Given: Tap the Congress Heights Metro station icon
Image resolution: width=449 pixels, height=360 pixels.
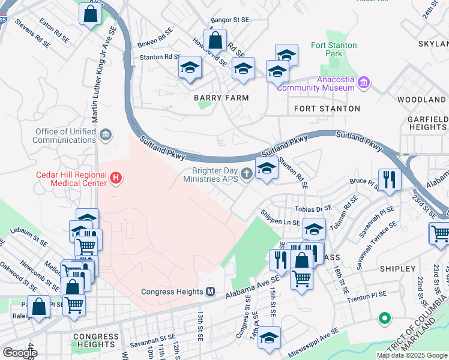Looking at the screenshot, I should click(211, 292).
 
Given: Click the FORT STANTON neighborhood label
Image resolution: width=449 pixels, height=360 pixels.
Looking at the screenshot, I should click(327, 109).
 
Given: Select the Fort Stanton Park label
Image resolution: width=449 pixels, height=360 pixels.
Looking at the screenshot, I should click(334, 50).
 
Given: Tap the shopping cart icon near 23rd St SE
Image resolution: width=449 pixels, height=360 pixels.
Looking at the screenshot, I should click(440, 232).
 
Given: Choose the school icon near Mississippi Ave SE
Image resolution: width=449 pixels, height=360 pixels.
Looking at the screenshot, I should click(270, 337).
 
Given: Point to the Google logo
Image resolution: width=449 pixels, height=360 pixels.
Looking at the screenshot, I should click(20, 353).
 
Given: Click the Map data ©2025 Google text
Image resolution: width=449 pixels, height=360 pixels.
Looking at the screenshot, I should click(411, 355).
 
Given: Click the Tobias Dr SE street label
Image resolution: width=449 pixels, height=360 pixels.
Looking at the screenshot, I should click(313, 208).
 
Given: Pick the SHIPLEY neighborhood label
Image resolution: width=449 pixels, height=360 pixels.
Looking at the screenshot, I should click(397, 269).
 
